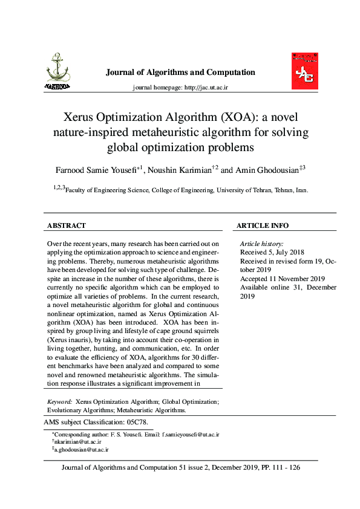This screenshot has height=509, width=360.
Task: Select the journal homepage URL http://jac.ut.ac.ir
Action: [206, 88]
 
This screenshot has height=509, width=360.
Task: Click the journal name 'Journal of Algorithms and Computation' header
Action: [180, 73]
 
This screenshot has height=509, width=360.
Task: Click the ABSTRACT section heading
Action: [66, 225]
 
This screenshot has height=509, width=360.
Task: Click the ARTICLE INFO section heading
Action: [262, 225]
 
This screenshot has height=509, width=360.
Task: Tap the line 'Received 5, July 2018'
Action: [272, 252]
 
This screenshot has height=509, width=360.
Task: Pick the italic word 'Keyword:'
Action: [60, 401]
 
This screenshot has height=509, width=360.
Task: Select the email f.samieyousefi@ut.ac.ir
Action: [189, 435]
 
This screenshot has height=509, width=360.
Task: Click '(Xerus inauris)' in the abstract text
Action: [69, 342]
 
